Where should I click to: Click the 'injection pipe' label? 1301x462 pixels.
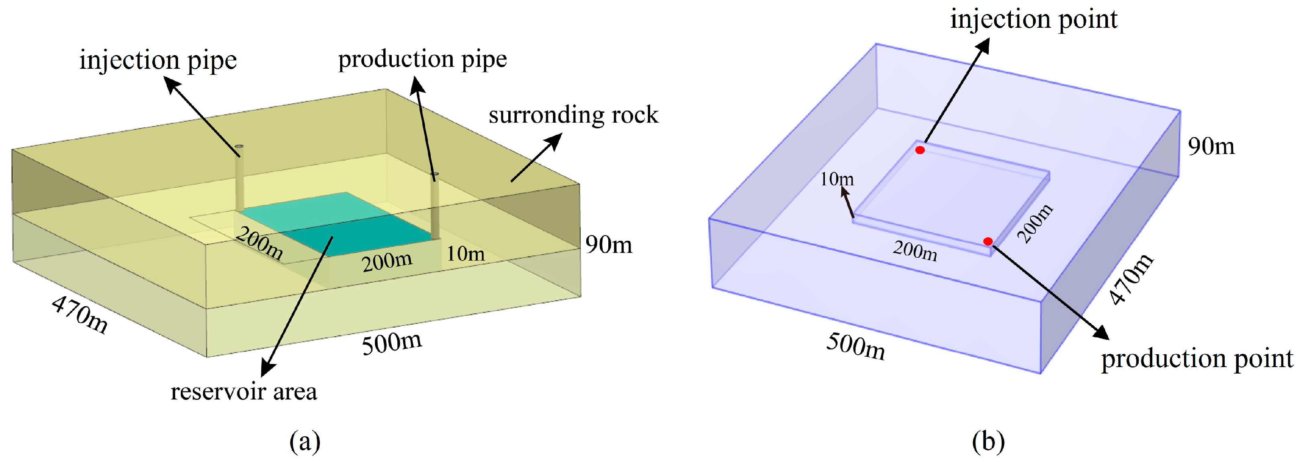click(x=158, y=61)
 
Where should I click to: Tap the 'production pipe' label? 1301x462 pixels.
click(x=422, y=59)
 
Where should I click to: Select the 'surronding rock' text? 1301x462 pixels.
click(x=573, y=115)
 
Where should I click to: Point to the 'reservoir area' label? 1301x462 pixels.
click(x=243, y=392)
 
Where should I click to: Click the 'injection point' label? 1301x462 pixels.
click(x=1033, y=20)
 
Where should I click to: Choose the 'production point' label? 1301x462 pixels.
click(x=1197, y=359)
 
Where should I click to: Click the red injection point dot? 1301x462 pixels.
click(x=920, y=150)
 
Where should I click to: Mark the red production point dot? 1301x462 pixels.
click(x=988, y=242)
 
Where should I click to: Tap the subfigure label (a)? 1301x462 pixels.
click(x=305, y=441)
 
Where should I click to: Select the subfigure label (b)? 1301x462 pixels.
click(x=988, y=441)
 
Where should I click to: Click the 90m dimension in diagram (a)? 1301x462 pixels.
click(x=609, y=245)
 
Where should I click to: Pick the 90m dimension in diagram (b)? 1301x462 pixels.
click(x=1211, y=147)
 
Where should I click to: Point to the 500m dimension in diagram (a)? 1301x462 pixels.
click(x=392, y=343)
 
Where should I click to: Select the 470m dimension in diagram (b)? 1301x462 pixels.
click(x=1132, y=279)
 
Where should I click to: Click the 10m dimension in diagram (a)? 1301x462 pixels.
click(x=465, y=254)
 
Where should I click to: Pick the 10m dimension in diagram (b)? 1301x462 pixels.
click(x=837, y=179)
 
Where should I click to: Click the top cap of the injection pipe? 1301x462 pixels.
click(x=239, y=146)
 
